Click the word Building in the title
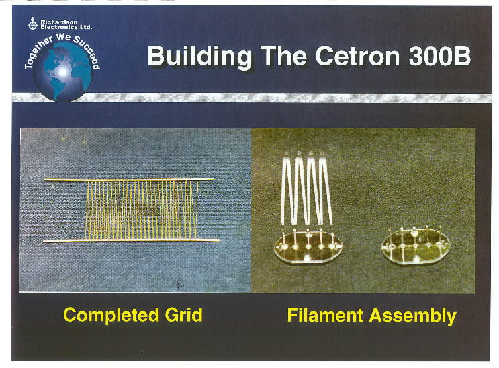199,57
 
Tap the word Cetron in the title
357,55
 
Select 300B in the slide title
439,55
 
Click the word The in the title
283,55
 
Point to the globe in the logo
62,72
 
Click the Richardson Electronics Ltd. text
66,24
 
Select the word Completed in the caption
111,315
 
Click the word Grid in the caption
183,314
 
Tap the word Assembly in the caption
413,316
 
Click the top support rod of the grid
129,180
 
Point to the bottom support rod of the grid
132,240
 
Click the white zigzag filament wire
306,189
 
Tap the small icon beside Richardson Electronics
32,24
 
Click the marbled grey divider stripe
251,98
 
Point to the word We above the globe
63,37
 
